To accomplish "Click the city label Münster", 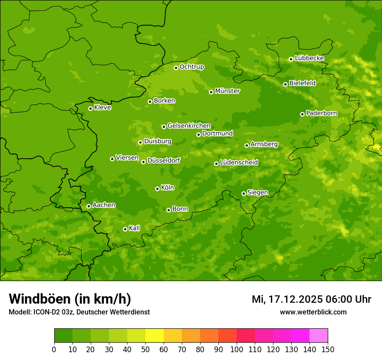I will pyautogui.click(x=227, y=91).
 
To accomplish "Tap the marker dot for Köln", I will pyautogui.click(x=157, y=189).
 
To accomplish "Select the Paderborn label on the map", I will pyautogui.click(x=322, y=113).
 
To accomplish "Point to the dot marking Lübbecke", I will pyautogui.click(x=291, y=59).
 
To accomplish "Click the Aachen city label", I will pyautogui.click(x=104, y=205).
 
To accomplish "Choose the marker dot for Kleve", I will pyautogui.click(x=90, y=108).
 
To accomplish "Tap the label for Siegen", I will pyautogui.click(x=257, y=193).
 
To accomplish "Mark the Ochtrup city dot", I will pyautogui.click(x=176, y=68).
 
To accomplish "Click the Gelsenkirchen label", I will pyautogui.click(x=189, y=126).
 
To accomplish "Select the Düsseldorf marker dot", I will pyautogui.click(x=143, y=162).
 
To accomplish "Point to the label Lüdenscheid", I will pyautogui.click(x=239, y=163).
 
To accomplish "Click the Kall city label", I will pyautogui.click(x=135, y=228).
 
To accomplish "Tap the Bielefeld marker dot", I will pyautogui.click(x=285, y=84).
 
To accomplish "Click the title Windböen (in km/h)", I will pyautogui.click(x=70, y=299).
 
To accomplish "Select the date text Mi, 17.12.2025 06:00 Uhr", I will pyautogui.click(x=311, y=299).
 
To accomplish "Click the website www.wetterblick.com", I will pyautogui.click(x=313, y=312).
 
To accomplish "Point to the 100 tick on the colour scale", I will pyautogui.click(x=237, y=349).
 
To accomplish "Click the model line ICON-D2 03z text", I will pyautogui.click(x=79, y=312).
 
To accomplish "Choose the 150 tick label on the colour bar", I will pyautogui.click(x=328, y=349).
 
